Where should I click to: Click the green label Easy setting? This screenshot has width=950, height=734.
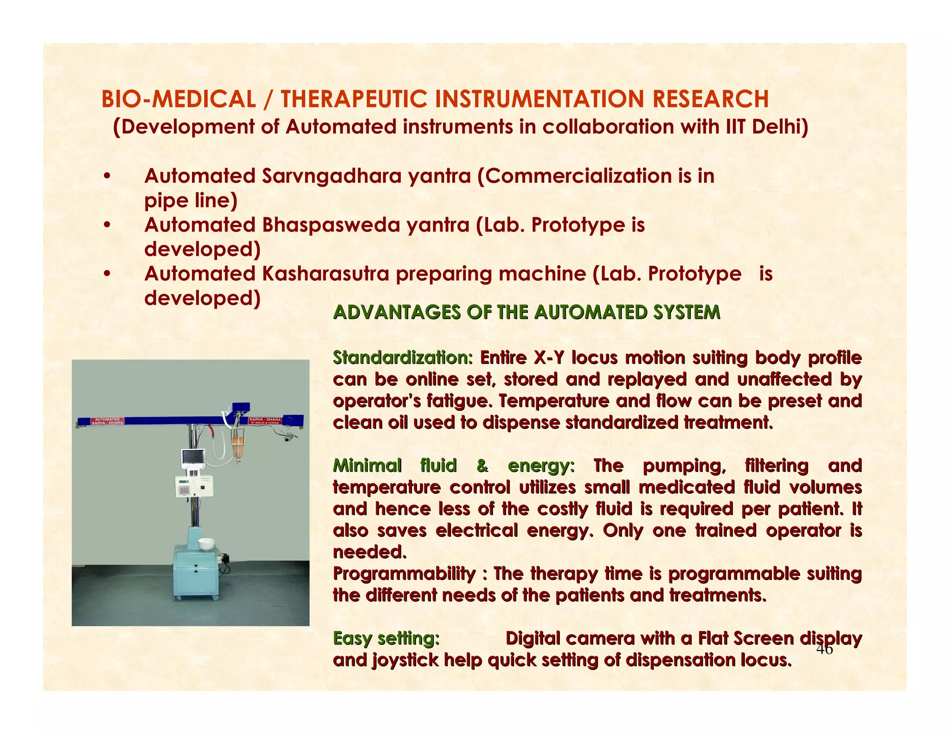point(386,638)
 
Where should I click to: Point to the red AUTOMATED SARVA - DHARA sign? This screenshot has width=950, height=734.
point(107,421)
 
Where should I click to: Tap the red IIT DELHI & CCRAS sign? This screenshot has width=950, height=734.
point(265,421)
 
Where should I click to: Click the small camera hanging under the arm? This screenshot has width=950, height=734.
point(289,438)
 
